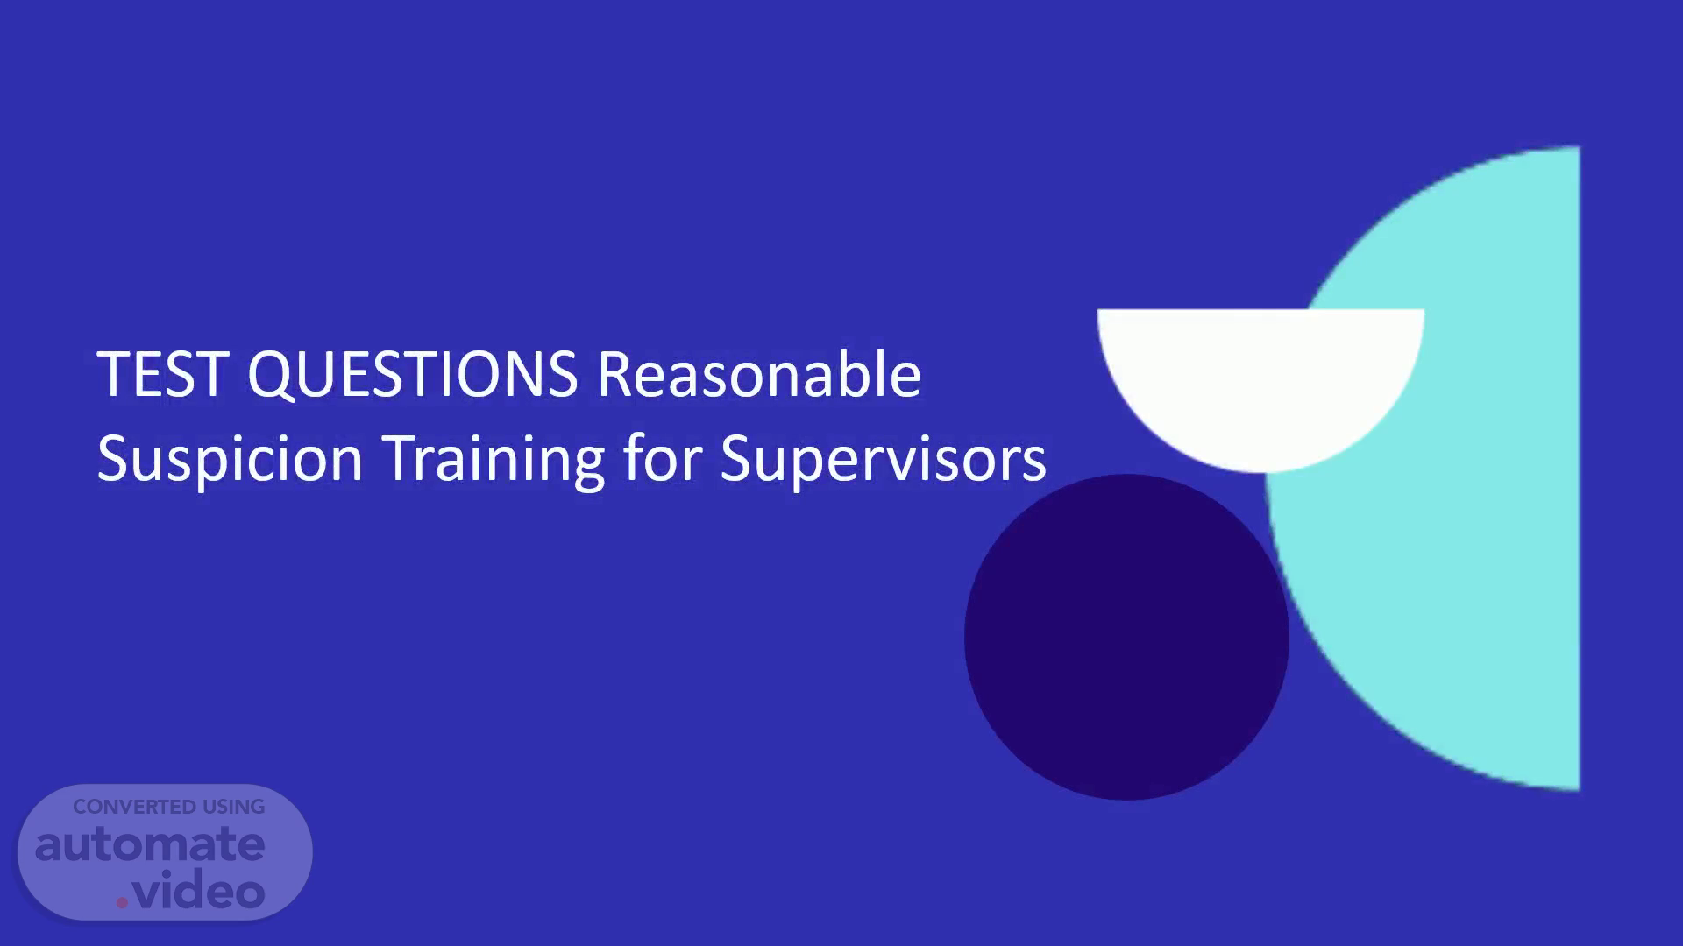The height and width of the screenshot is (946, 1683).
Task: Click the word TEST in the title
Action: [163, 374]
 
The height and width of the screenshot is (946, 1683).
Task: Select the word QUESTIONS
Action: [413, 375]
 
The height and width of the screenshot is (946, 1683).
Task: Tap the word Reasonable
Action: [759, 373]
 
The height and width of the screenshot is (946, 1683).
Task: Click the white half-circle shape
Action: [1260, 377]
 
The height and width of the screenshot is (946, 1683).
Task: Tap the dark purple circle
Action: [1126, 637]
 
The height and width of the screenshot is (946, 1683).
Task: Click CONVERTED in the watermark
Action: [134, 807]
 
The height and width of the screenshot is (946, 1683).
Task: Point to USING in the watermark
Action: [234, 807]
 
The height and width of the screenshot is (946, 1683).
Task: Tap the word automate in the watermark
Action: [150, 844]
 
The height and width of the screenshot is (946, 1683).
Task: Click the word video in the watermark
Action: [199, 892]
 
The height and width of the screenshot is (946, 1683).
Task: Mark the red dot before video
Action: [122, 902]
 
